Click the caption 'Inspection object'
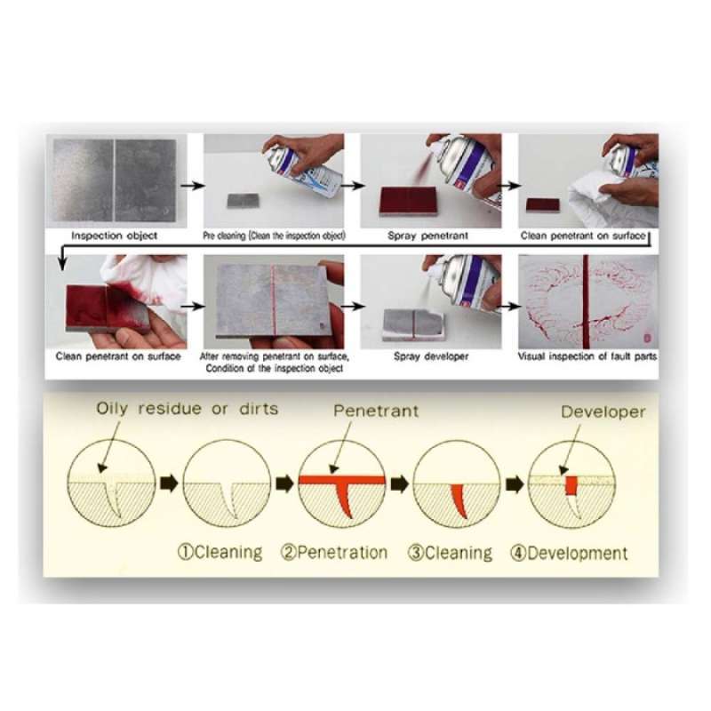(115, 236)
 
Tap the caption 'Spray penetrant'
(428, 236)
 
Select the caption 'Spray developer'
(431, 356)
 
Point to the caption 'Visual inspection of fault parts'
(587, 356)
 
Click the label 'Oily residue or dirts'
(187, 409)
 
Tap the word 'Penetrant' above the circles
(376, 411)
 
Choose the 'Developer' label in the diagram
(603, 411)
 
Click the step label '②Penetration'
(334, 552)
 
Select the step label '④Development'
(570, 553)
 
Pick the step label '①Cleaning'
(220, 552)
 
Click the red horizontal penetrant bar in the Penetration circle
(342, 480)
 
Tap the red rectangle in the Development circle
(571, 485)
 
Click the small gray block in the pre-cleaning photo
(243, 201)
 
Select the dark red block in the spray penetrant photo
(408, 201)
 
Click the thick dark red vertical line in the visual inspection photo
(587, 301)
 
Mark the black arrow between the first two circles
(169, 483)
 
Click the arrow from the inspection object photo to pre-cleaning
(193, 186)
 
